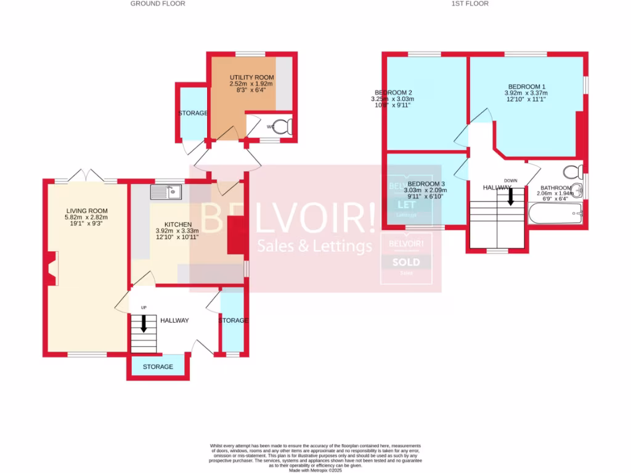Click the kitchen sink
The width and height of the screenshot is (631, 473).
(x=165, y=193)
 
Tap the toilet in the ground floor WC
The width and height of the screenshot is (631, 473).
(x=282, y=127)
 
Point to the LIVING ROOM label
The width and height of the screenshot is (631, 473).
(x=87, y=210)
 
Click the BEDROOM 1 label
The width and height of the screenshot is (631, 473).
(x=526, y=86)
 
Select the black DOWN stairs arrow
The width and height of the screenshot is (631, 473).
(x=510, y=196)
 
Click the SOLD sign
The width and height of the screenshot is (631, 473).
(x=406, y=262)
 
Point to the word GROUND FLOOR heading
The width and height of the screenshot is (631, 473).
(x=158, y=4)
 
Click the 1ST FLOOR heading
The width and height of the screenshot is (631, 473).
(x=470, y=4)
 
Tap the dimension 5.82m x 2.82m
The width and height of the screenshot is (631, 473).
(x=87, y=217)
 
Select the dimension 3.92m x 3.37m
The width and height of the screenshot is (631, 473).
(x=526, y=94)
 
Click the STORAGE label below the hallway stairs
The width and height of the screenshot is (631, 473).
(x=158, y=367)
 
